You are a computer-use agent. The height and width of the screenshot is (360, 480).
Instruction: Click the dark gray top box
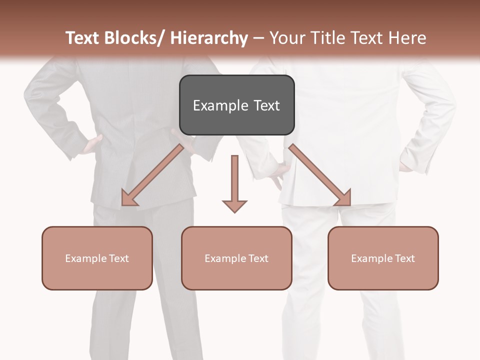[x=236, y=105]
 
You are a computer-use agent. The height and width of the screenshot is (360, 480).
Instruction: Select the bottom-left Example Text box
[x=97, y=258]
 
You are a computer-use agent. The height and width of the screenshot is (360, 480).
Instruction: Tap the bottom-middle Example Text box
[x=236, y=258]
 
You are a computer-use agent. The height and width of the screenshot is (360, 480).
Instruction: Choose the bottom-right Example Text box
[x=383, y=258]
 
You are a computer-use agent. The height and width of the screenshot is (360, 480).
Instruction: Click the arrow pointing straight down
[x=234, y=182]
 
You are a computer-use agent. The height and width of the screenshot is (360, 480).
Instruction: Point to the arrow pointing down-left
[x=152, y=175]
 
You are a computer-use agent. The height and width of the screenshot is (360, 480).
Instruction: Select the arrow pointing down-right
[x=320, y=175]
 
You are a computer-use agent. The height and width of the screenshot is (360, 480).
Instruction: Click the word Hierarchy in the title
[x=209, y=38]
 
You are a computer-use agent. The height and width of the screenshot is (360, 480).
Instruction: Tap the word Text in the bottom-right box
[x=404, y=258]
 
